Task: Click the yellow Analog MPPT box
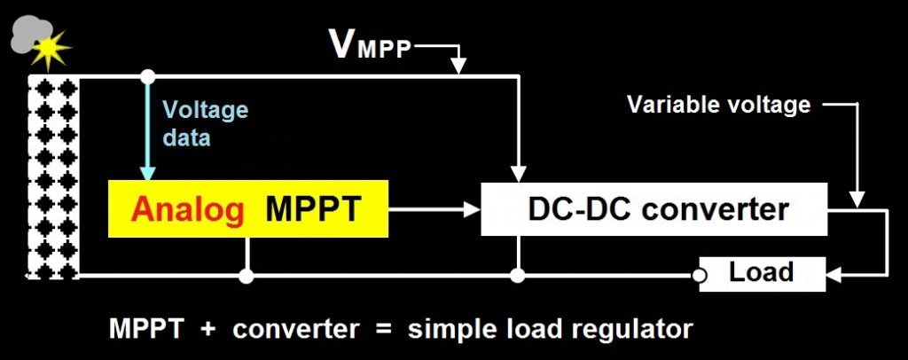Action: [248, 209]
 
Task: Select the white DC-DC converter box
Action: [654, 209]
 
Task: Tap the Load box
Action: [762, 271]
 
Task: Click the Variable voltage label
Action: [718, 105]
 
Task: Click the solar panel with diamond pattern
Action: [54, 177]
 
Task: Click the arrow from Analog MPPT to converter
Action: [434, 210]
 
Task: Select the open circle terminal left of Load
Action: [701, 278]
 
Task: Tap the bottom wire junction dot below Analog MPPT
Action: [247, 278]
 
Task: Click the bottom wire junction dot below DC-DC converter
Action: [519, 278]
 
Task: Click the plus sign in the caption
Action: [207, 328]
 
